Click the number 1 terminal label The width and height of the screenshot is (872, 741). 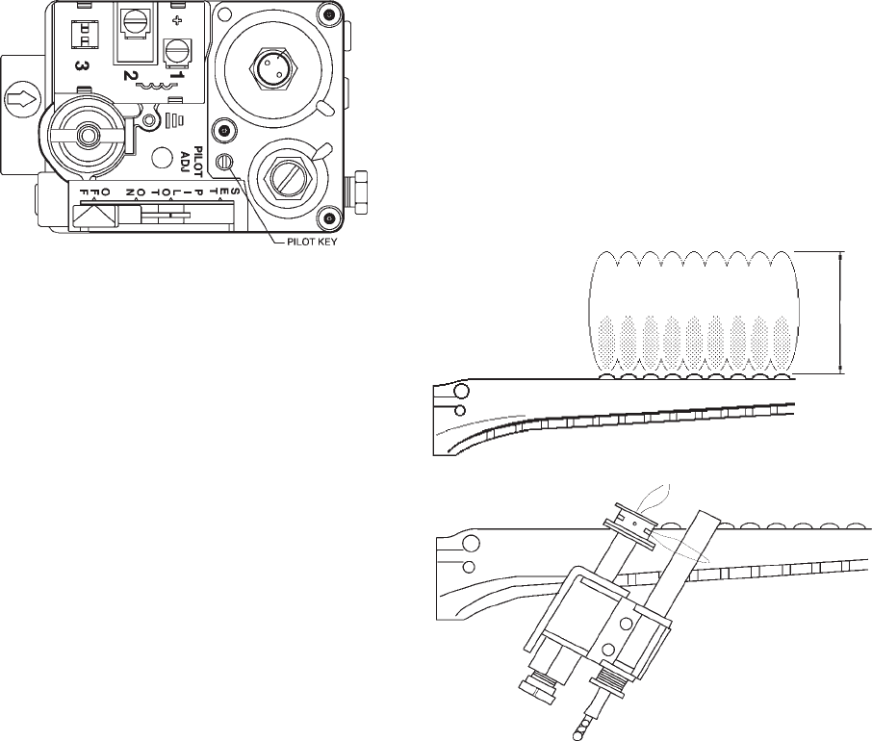(176, 72)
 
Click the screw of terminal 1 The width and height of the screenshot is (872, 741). (175, 49)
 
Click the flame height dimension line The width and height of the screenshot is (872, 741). (841, 311)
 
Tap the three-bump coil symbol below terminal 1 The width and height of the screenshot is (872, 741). (154, 87)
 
